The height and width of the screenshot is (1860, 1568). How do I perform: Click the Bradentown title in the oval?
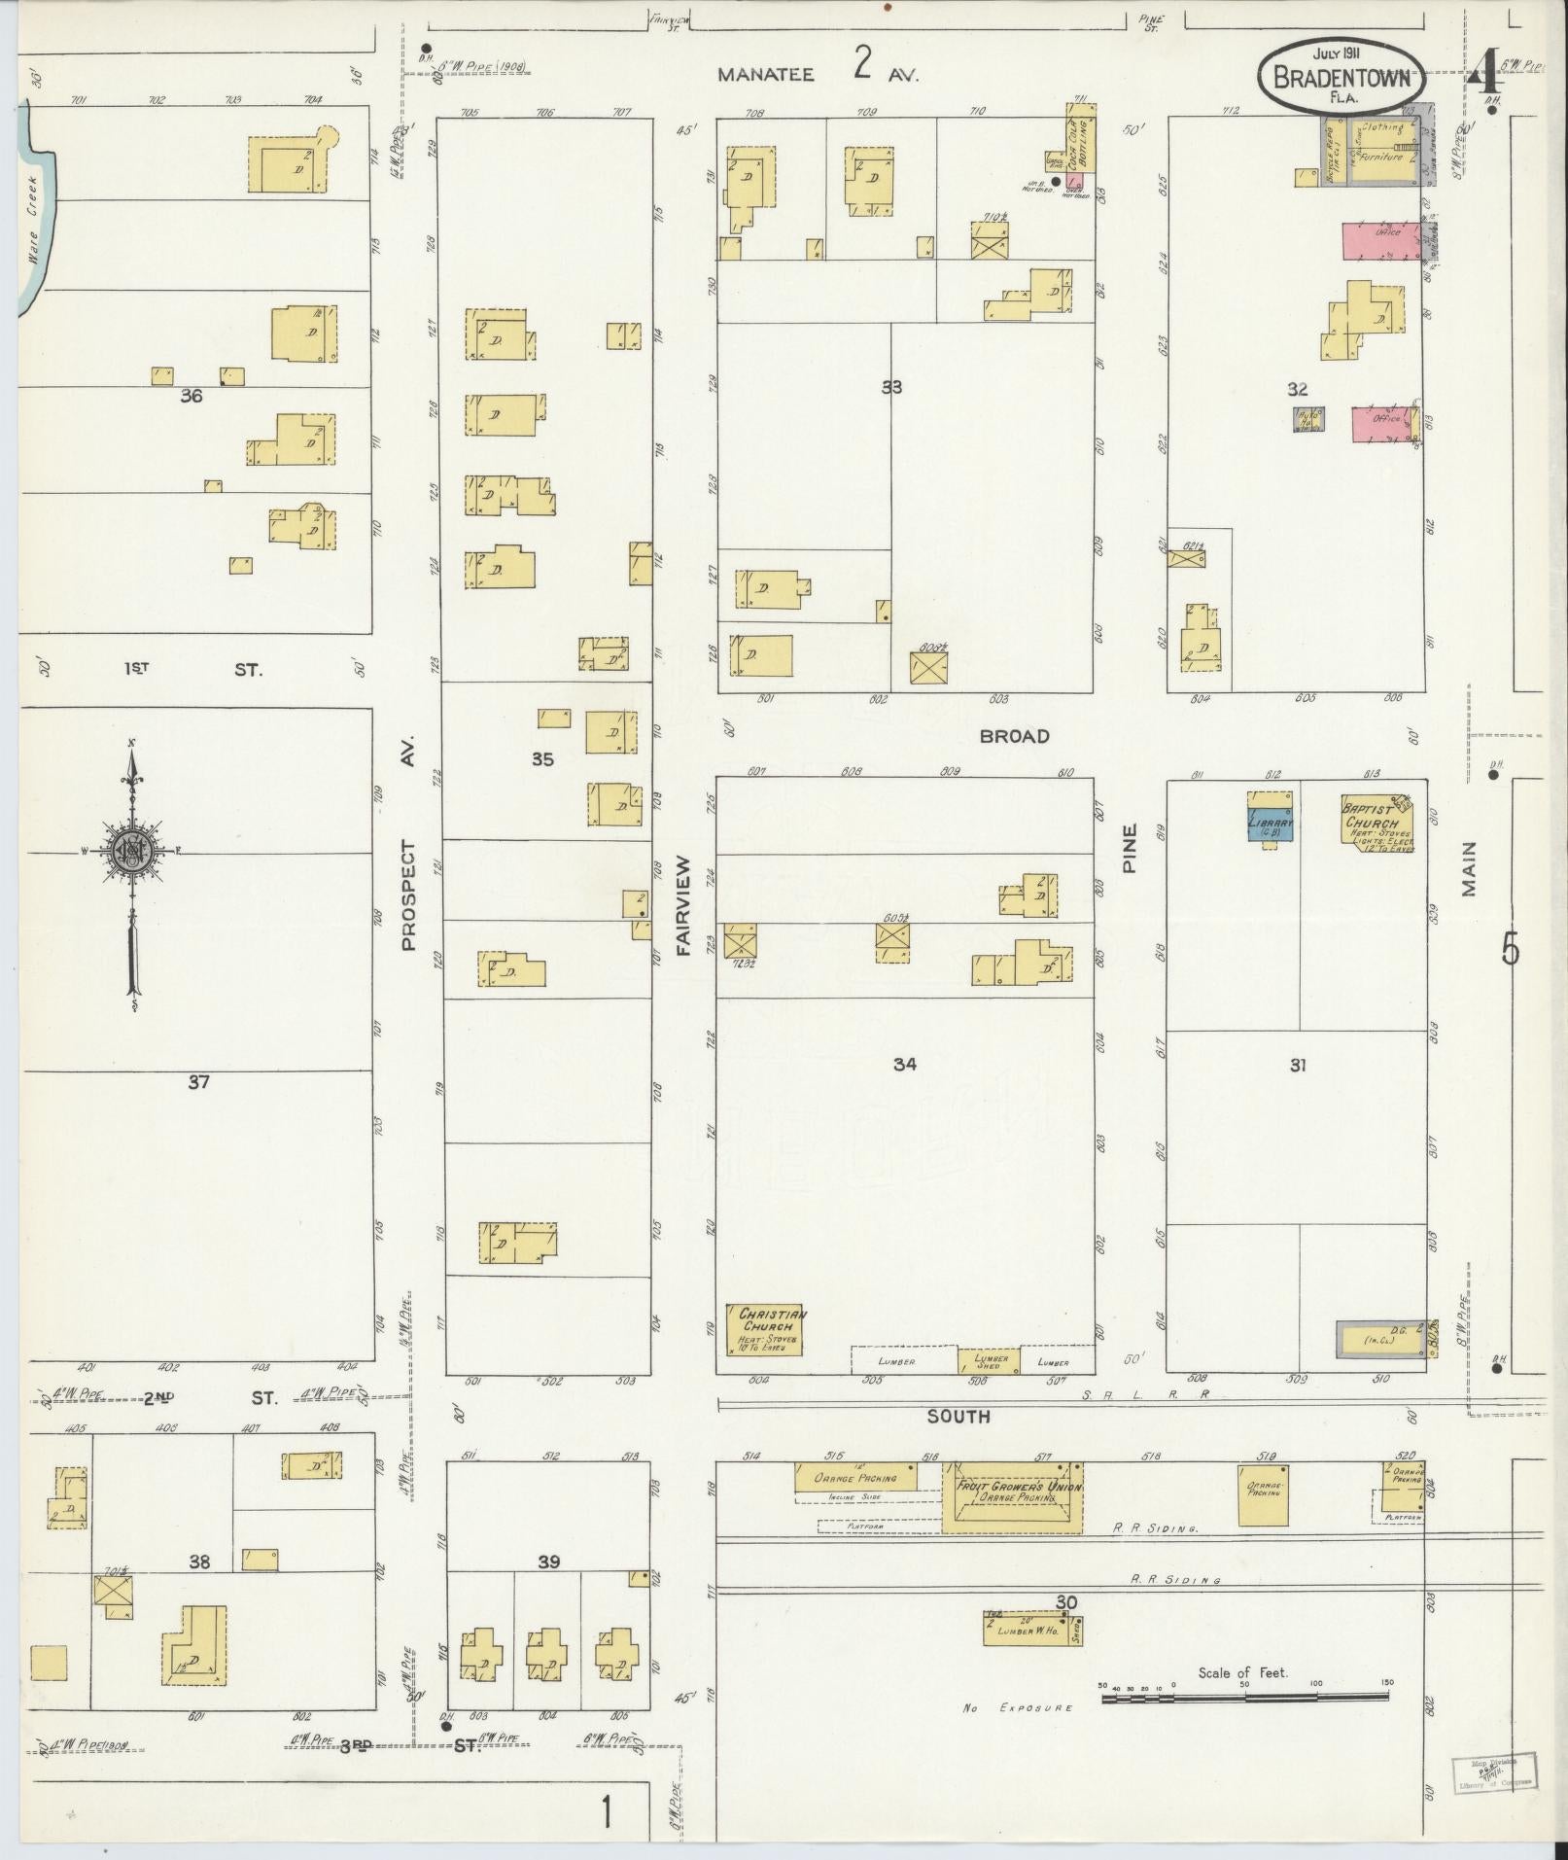pyautogui.click(x=1341, y=76)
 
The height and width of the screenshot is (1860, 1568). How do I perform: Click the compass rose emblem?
pyautogui.click(x=131, y=852)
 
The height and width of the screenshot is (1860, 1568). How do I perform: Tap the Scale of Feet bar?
pyautogui.click(x=1244, y=1698)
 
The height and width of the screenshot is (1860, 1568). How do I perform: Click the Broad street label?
pyautogui.click(x=1014, y=736)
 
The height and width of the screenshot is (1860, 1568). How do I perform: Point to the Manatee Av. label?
pyautogui.click(x=817, y=73)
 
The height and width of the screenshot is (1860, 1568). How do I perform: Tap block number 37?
pyautogui.click(x=198, y=1080)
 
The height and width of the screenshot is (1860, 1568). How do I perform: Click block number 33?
pyautogui.click(x=890, y=386)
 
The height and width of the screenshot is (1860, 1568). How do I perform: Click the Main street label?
pyautogui.click(x=1468, y=868)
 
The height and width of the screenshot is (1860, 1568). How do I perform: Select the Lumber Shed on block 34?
pyautogui.click(x=991, y=1360)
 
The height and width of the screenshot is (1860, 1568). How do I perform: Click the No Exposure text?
pyautogui.click(x=1018, y=1707)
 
